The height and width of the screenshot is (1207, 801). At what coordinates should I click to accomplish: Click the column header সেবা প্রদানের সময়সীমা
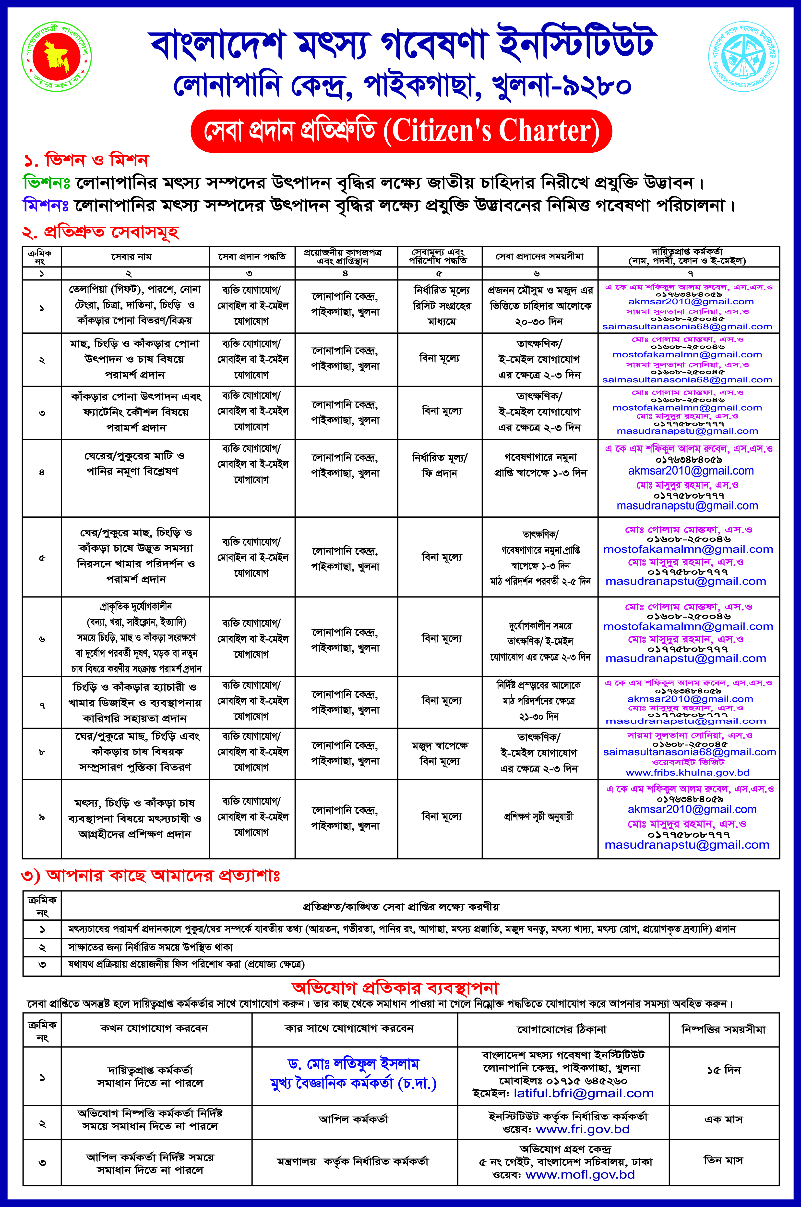point(539,256)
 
